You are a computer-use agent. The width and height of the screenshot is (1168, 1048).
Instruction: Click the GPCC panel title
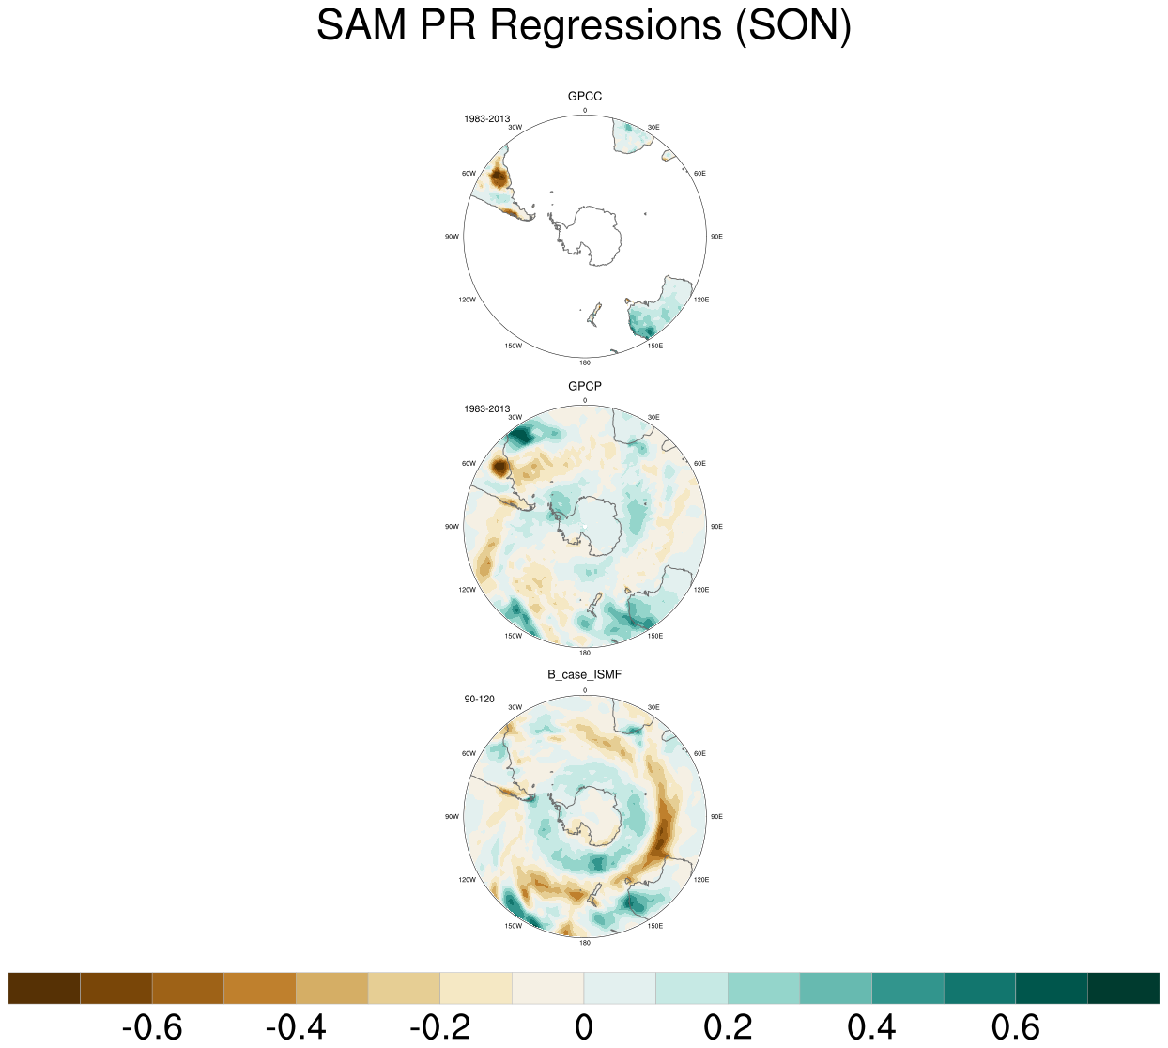click(585, 97)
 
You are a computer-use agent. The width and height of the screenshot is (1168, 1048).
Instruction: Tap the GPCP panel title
click(585, 387)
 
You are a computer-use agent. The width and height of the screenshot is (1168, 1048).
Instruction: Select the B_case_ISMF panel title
click(585, 675)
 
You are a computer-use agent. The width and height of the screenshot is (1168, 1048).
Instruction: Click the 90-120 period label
click(479, 699)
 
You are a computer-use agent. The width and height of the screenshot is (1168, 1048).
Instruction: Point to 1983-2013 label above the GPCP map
click(486, 408)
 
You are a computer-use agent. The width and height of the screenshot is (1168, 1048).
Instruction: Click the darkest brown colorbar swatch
click(44, 989)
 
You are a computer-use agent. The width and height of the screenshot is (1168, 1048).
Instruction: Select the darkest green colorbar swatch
click(1123, 989)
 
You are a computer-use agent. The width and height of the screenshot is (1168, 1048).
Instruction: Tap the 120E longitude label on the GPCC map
click(701, 300)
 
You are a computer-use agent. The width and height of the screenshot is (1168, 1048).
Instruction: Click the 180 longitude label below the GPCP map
click(585, 653)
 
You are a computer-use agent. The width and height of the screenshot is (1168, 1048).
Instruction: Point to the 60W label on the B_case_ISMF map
click(469, 754)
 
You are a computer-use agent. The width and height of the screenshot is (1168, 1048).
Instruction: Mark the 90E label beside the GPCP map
click(716, 527)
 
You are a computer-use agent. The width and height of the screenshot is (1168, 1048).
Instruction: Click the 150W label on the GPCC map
click(513, 347)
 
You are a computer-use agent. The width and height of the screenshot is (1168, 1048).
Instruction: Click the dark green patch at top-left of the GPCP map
click(522, 436)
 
